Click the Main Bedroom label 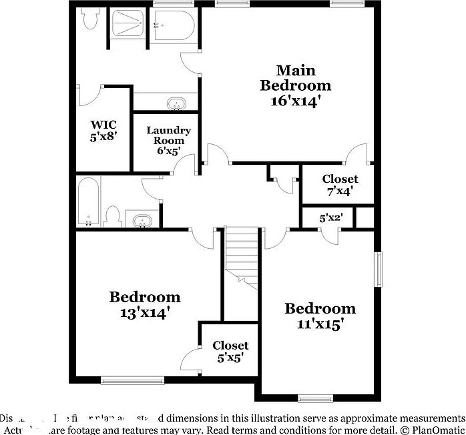295,77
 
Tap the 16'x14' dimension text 295,101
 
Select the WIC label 103,124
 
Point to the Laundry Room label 169,135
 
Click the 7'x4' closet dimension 340,191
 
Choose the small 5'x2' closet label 330,218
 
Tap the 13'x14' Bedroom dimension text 144,312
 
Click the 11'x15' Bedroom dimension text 320,324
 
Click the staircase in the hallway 242,257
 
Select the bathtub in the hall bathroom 87,201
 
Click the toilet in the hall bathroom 113,217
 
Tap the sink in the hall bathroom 142,220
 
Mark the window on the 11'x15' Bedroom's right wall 379,269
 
